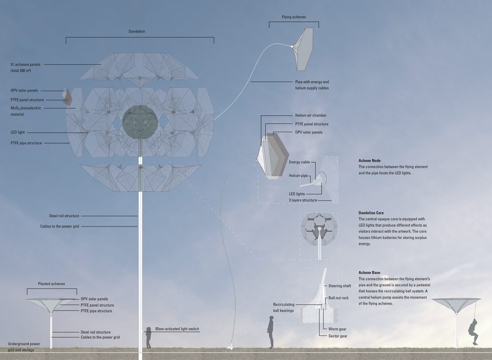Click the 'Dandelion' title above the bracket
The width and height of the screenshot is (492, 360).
tap(137, 31)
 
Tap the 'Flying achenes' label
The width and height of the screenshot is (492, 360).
tap(294, 17)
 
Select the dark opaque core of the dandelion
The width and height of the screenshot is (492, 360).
tap(140, 123)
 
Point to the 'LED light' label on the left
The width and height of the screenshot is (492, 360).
tap(18, 133)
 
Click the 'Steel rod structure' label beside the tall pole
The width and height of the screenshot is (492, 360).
tap(64, 216)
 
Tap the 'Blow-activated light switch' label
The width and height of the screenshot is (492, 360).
tap(177, 329)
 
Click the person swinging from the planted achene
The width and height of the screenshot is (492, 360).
tap(473, 332)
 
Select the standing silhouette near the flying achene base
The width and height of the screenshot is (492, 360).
tap(271, 332)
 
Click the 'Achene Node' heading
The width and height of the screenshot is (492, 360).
tap(369, 161)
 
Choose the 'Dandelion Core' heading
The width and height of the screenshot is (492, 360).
tap(371, 213)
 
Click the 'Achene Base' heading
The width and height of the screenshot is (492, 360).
tap(369, 273)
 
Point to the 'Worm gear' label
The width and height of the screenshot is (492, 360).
tap(337, 329)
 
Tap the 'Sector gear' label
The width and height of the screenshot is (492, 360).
tap(338, 336)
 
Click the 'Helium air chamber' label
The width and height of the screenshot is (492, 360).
tap(311, 115)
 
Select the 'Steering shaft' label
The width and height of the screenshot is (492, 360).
tap(340, 286)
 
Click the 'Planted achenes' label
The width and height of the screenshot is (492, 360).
tap(51, 284)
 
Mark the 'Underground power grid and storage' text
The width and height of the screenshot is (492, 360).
tap(24, 347)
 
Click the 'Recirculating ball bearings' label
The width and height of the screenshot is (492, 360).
tap(283, 308)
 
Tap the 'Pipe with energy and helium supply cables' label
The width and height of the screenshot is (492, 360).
tap(312, 85)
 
